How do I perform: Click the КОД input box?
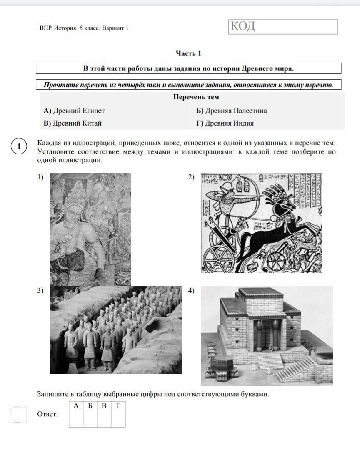pos(283,27)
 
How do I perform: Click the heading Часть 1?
pos(188,53)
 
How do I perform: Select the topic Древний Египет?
pos(74,111)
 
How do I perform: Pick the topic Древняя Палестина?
pos(231,111)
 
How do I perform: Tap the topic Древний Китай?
pos(72,123)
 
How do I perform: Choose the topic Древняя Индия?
pos(225,123)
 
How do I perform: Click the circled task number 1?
pos(19,146)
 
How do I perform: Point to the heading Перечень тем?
pos(196,97)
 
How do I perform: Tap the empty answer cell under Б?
pos(90,419)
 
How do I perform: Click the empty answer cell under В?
pos(104,419)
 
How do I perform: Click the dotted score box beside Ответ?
pos(19,415)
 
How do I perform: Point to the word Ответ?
pos(47,414)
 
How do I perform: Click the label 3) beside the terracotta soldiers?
pos(40,291)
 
